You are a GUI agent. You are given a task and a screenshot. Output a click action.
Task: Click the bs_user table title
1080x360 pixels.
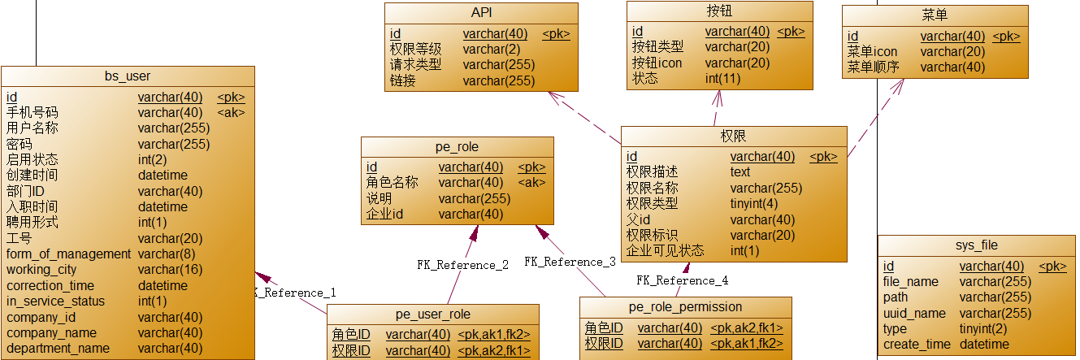coord(128,76)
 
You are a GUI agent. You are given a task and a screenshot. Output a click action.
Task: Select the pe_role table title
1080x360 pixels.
coord(457,147)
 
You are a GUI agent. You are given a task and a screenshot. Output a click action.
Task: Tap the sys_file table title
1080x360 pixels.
coord(976,245)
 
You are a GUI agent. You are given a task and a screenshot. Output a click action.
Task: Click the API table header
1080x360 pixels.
coord(481,13)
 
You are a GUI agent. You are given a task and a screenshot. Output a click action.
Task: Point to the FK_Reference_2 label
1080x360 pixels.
coord(462,265)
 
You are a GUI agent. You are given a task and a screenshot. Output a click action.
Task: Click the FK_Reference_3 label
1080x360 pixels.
coord(569,262)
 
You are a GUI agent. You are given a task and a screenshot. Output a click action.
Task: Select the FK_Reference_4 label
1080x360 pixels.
coord(682,280)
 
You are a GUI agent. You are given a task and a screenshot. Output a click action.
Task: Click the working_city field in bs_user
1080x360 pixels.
coord(41,270)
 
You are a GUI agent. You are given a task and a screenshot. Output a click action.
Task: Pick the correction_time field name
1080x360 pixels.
coord(50,286)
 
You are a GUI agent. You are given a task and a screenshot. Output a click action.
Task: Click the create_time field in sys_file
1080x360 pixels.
coord(916,345)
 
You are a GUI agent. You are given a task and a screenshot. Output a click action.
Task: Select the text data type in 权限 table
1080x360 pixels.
coord(740,172)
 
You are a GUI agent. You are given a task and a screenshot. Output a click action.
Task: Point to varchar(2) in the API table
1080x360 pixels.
coord(492,50)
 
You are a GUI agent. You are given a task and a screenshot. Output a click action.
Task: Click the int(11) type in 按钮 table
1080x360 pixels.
coord(722,79)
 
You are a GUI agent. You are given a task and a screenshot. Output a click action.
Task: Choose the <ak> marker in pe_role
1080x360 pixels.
coord(531,183)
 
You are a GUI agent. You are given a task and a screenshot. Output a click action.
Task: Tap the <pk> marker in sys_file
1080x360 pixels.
coord(1052,267)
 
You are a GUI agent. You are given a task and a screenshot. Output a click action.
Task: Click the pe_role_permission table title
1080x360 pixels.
coord(685,307)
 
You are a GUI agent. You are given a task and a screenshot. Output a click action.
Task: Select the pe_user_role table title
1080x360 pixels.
coord(432,314)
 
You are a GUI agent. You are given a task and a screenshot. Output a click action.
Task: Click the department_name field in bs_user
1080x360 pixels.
coord(58,349)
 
